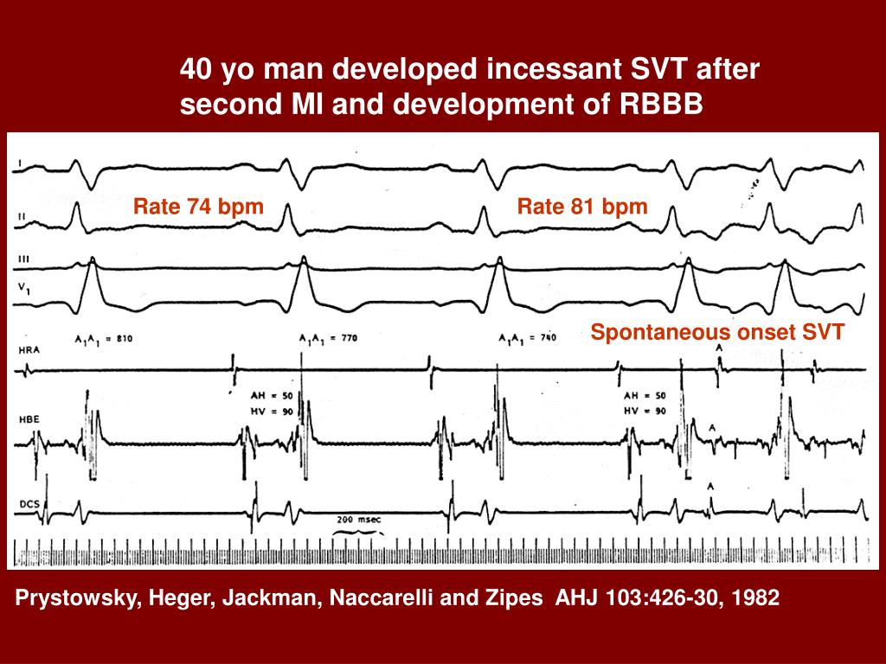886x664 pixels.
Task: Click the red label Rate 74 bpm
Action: click(198, 207)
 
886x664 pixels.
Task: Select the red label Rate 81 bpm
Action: click(582, 207)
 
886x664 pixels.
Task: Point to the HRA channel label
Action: click(28, 349)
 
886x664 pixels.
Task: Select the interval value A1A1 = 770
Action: click(325, 338)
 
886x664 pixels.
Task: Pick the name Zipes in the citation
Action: click(518, 597)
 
